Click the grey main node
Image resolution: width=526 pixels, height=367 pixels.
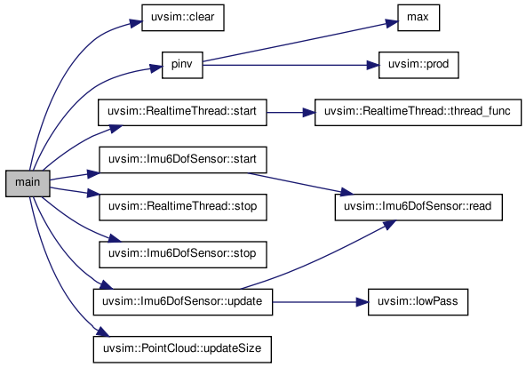(x=28, y=183)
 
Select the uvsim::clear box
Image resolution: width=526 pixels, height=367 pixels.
(x=183, y=18)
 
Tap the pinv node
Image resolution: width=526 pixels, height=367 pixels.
(x=182, y=65)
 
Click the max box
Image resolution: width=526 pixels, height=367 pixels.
(x=418, y=18)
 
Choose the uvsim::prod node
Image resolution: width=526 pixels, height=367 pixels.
(x=418, y=65)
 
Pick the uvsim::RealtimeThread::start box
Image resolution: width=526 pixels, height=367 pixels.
(x=182, y=112)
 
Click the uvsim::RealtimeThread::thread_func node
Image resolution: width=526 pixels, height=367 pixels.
(x=418, y=112)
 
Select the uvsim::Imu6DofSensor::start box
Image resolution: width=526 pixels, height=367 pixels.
(x=183, y=160)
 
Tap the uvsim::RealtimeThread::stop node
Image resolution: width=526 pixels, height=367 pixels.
(x=183, y=207)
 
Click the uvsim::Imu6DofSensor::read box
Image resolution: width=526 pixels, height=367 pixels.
(x=418, y=207)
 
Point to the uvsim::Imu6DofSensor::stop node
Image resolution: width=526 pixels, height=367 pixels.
(x=183, y=254)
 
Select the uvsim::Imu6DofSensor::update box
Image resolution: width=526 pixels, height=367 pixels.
(x=183, y=302)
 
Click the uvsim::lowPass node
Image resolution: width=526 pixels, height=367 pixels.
(x=418, y=302)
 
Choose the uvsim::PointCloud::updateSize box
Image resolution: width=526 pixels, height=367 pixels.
(x=182, y=349)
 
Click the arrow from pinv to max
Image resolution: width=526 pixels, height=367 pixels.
(x=300, y=42)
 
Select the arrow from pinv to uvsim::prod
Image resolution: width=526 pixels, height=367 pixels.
(x=291, y=65)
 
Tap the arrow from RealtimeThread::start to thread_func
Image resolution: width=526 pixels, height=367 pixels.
(x=291, y=113)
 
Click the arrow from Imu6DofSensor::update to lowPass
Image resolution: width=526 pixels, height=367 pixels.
(x=321, y=302)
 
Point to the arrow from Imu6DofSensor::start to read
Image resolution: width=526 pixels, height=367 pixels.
(x=300, y=184)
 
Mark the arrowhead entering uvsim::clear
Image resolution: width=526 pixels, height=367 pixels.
(x=136, y=23)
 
